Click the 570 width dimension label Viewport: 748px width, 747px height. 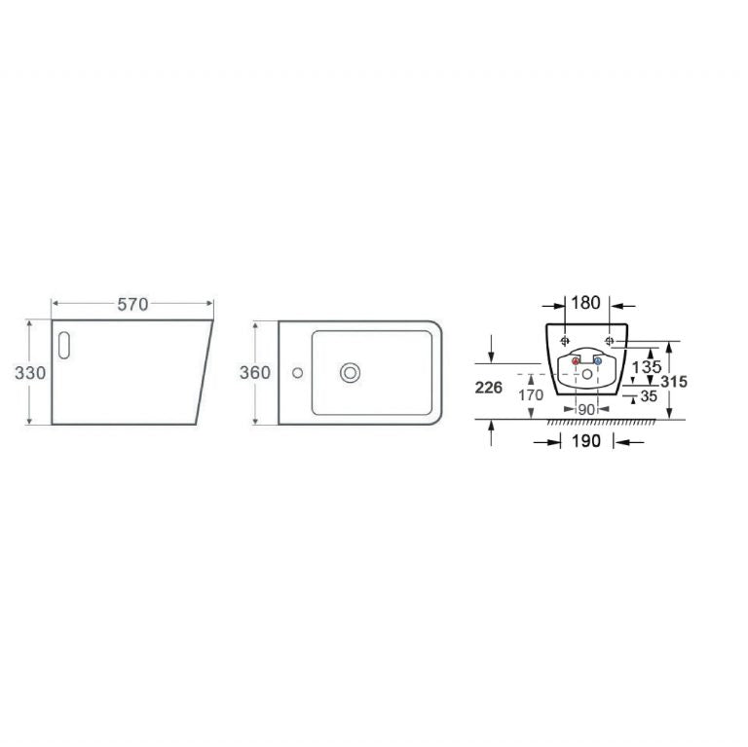(132, 304)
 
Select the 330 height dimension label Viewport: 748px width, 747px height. (30, 373)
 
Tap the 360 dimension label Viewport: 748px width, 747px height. (255, 373)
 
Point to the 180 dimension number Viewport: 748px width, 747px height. (585, 303)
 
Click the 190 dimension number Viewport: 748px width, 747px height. (586, 441)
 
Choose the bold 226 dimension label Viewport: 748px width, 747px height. (489, 388)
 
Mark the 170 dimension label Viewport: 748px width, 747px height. (531, 395)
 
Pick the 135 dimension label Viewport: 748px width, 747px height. (647, 367)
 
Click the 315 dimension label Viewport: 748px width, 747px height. (674, 381)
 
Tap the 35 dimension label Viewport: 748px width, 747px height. (649, 396)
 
